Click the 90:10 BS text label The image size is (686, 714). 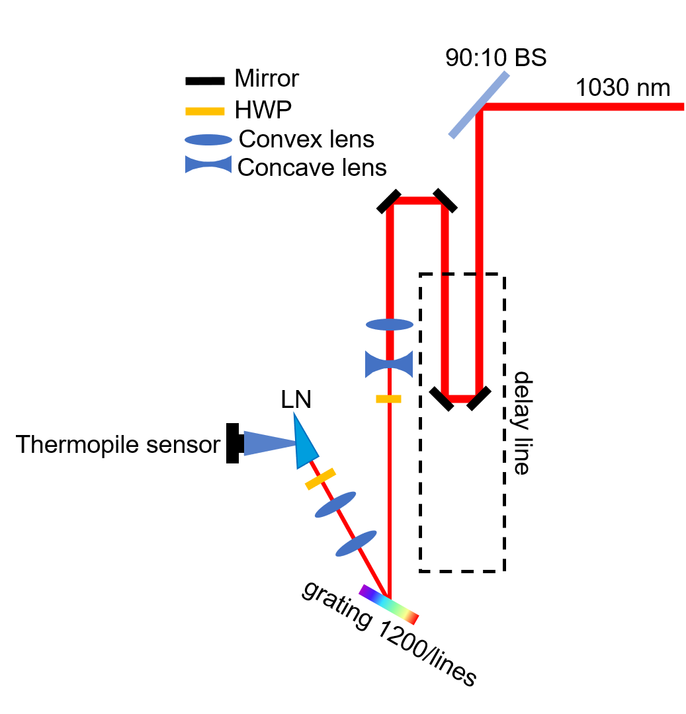[495, 58]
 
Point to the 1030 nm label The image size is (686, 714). [622, 87]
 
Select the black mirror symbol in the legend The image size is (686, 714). [205, 81]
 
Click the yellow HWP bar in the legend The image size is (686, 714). [205, 111]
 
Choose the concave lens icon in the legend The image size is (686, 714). [208, 165]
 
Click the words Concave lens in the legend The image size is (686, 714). [312, 167]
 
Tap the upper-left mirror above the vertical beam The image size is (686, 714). [389, 202]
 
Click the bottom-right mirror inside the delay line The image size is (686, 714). [479, 398]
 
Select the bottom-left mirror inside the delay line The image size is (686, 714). [442, 399]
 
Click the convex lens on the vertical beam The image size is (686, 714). [390, 325]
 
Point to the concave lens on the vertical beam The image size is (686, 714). [389, 364]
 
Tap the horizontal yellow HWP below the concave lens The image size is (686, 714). [388, 399]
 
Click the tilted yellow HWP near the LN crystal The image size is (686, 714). [320, 479]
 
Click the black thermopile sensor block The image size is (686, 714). [232, 444]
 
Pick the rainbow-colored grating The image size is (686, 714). [389, 604]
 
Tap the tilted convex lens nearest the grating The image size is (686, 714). [356, 543]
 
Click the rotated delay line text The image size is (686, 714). [522, 422]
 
